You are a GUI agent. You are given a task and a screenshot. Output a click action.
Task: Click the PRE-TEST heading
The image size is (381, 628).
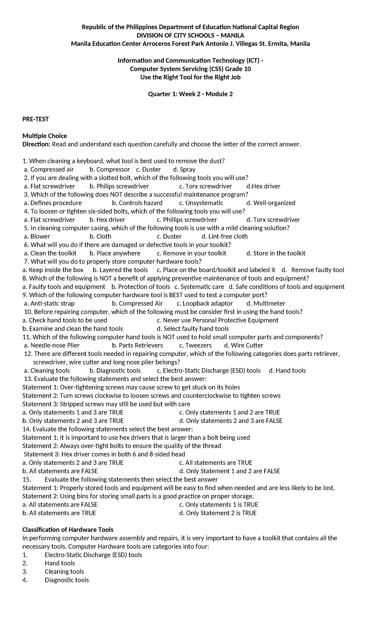[35, 119]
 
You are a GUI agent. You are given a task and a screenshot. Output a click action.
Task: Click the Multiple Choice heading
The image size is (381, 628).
[44, 136]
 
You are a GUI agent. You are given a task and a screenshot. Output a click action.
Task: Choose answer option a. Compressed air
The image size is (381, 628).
[49, 169]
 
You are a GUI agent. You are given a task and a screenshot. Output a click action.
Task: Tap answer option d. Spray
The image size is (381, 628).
[184, 169]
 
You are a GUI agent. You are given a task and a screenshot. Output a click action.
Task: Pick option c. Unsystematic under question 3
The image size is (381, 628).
[201, 203]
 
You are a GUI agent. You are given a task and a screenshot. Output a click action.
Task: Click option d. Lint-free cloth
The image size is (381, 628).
[224, 236]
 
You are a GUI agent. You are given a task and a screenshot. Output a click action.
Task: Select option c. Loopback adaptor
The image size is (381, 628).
[205, 303]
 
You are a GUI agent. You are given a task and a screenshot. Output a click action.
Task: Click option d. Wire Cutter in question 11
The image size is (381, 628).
[244, 345]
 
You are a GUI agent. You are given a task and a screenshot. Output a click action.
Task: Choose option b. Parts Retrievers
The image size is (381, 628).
[137, 345]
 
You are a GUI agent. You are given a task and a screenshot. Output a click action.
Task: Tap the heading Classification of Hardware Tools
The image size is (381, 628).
[68, 529]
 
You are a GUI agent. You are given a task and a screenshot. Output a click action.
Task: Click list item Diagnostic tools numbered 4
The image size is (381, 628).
[67, 580]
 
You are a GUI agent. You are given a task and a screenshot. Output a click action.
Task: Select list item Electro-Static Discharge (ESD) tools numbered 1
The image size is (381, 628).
[93, 555]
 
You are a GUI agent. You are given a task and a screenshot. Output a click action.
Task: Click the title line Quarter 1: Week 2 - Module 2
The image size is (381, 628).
[190, 94]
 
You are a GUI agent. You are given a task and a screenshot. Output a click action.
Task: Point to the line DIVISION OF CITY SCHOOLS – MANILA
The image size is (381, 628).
[190, 35]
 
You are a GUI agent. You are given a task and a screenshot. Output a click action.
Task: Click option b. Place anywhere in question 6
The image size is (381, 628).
[115, 253]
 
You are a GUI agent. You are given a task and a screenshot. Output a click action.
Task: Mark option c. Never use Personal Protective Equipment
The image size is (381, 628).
[217, 320]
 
